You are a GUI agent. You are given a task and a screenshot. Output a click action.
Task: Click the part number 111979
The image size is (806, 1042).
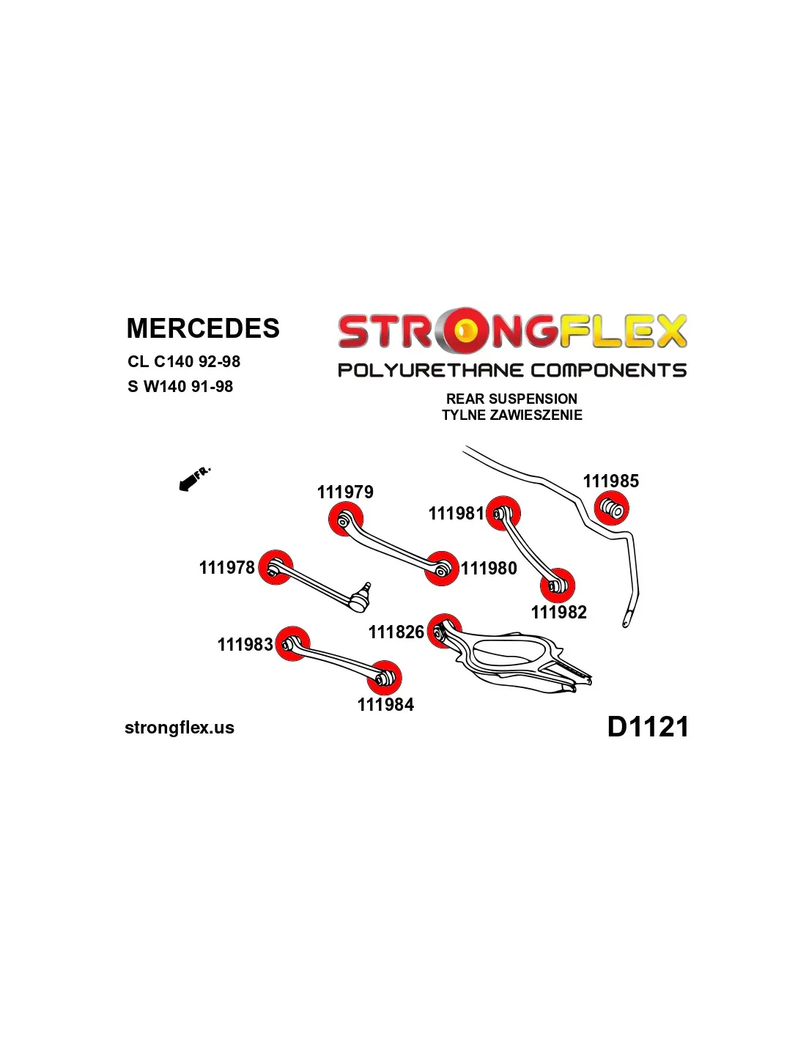(x=345, y=492)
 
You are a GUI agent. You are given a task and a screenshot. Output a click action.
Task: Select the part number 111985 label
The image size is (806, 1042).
(x=610, y=481)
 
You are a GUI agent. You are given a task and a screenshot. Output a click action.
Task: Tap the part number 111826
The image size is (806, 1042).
(x=396, y=632)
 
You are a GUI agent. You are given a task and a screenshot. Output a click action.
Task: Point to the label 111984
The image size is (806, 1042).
(x=385, y=704)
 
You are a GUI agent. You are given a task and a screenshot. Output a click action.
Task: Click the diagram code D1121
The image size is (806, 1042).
(x=648, y=727)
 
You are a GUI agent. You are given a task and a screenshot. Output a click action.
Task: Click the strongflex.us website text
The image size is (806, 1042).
(x=180, y=728)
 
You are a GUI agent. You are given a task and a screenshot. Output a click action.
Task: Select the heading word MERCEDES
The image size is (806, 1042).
(x=203, y=328)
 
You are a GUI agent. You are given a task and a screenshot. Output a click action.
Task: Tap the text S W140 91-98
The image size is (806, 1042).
(x=180, y=386)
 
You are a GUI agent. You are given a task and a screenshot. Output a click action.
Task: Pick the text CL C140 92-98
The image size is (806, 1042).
(x=184, y=361)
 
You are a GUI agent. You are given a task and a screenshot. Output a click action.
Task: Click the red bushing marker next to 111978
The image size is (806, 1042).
(x=276, y=567)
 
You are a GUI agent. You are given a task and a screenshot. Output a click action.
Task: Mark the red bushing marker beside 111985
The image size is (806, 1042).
(x=611, y=508)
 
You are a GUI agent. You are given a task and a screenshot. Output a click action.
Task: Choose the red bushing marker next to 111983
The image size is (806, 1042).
(x=292, y=644)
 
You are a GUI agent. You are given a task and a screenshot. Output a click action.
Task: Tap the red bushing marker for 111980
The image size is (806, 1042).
(x=442, y=569)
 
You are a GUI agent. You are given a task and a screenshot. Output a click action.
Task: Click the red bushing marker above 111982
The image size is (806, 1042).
(x=558, y=585)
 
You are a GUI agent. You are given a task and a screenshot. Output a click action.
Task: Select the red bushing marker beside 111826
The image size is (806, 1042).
(x=444, y=631)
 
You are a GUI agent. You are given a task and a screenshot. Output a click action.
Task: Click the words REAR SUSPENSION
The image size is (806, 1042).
(x=511, y=399)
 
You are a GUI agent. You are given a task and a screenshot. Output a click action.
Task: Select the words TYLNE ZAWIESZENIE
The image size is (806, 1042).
(x=511, y=415)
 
